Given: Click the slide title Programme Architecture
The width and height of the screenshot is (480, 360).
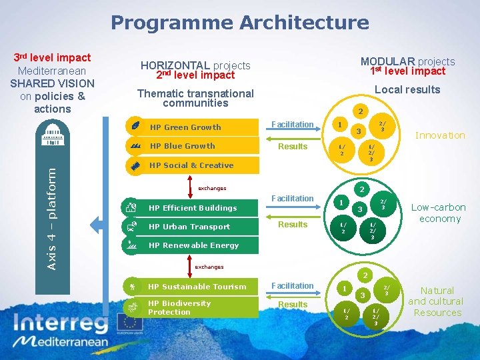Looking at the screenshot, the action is (239, 23).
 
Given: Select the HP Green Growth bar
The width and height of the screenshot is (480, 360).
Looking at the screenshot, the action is (193, 127).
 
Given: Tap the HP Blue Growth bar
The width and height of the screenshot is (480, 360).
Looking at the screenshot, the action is (193, 146).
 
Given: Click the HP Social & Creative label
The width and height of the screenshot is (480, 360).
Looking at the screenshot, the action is (191, 165).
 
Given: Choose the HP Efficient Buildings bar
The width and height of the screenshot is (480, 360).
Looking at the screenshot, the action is (193, 208).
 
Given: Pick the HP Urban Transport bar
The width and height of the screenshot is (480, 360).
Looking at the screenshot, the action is (193, 227).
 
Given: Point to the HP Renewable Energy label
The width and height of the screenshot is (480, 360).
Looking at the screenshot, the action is (193, 245).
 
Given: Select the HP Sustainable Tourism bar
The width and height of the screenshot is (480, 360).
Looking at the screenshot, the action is (193, 287).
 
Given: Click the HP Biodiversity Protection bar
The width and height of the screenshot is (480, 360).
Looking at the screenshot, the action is (193, 307).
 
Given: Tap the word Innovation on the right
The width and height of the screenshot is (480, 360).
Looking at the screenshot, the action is (440, 135).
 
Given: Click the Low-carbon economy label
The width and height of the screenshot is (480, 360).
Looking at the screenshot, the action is (439, 213).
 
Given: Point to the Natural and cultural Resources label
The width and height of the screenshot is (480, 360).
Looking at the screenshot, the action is (437, 301).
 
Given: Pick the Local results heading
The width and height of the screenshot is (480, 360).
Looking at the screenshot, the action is (407, 89).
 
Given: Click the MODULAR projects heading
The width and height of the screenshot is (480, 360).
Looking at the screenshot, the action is (407, 61).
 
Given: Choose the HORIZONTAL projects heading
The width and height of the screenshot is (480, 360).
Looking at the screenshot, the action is (195, 65).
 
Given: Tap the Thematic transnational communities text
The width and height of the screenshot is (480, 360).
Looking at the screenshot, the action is (195, 98).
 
